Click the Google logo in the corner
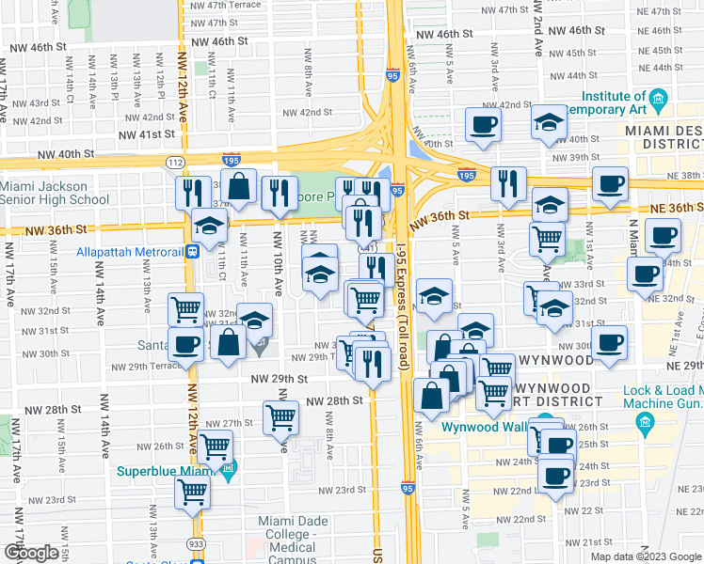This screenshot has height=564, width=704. (32, 554)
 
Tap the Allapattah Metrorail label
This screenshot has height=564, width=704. (131, 251)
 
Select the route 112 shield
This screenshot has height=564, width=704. (174, 162)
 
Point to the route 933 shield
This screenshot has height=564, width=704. (196, 543)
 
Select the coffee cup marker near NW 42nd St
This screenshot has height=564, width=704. (484, 124)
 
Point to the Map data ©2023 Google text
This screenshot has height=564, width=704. (646, 556)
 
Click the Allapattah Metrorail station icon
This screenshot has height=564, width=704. (192, 251)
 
